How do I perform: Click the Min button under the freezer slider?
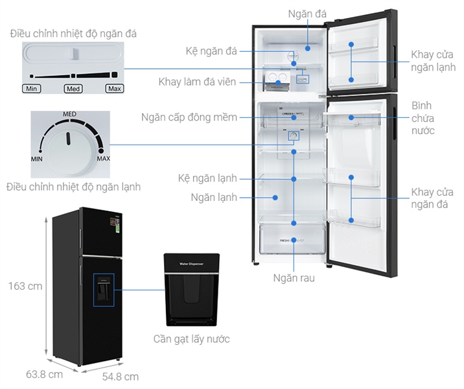click(31, 88)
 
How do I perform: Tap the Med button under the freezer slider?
click(73, 88)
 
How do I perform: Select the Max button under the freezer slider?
click(114, 88)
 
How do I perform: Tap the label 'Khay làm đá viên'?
click(197, 82)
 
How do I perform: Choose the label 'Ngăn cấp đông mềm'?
click(189, 117)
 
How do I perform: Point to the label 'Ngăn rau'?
click(294, 278)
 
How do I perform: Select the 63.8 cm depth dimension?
click(44, 374)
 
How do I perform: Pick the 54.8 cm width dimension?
click(120, 376)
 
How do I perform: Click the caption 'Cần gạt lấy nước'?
click(191, 339)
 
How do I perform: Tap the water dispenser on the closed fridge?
click(103, 290)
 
